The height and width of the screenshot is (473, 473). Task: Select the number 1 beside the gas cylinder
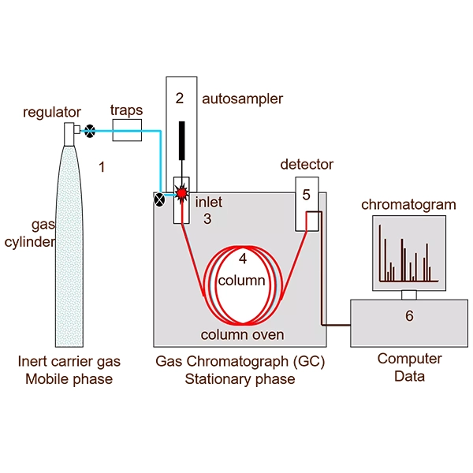click(x=101, y=166)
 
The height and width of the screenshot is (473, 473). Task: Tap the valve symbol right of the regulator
click(x=91, y=130)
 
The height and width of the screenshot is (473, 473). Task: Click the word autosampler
click(x=242, y=99)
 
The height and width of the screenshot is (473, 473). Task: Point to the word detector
click(x=307, y=165)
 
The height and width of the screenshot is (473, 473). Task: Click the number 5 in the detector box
click(x=307, y=193)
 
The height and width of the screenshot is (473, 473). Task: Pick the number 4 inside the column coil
click(x=243, y=258)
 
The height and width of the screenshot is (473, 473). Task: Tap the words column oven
click(x=242, y=334)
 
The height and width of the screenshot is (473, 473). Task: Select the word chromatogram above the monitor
click(x=408, y=205)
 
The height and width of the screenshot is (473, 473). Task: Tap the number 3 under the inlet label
click(x=207, y=219)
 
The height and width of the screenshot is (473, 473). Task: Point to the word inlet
click(x=209, y=203)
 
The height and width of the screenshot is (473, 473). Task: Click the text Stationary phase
click(x=240, y=379)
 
